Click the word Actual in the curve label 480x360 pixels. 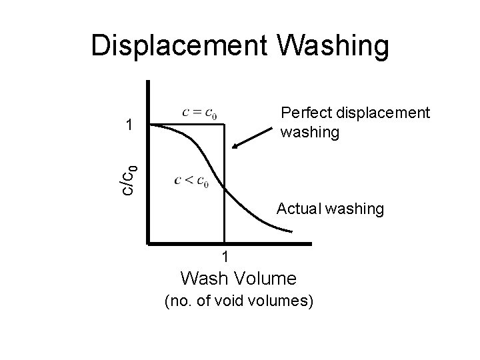click(x=297, y=209)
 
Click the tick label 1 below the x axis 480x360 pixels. click(x=225, y=257)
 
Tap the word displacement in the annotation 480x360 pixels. click(x=378, y=113)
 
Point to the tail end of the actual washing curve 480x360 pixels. click(x=291, y=232)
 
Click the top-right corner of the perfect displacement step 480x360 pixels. click(x=225, y=124)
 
